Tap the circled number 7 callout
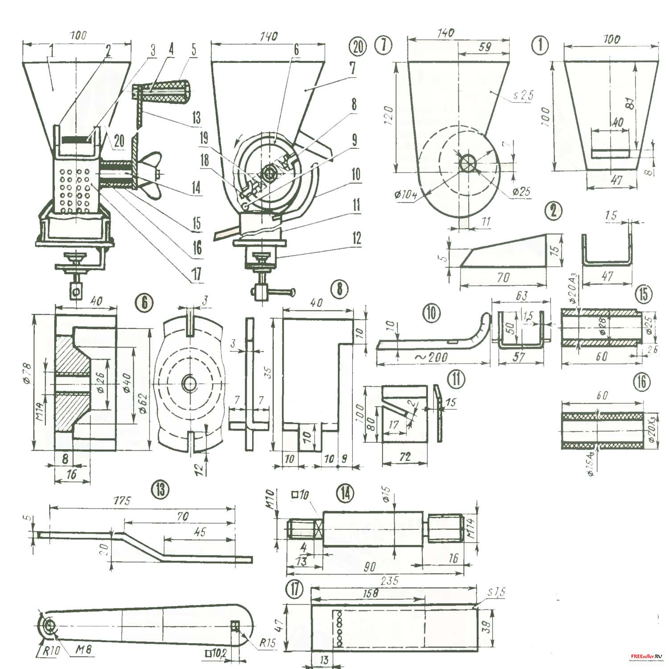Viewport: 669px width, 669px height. coord(384,45)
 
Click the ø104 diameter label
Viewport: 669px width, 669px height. coord(405,195)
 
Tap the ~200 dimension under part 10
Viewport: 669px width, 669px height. coord(431,357)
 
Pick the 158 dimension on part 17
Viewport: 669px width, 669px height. coord(370,594)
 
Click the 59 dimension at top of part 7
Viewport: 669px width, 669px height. coord(484,47)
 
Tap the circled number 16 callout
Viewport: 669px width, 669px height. coord(641,382)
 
